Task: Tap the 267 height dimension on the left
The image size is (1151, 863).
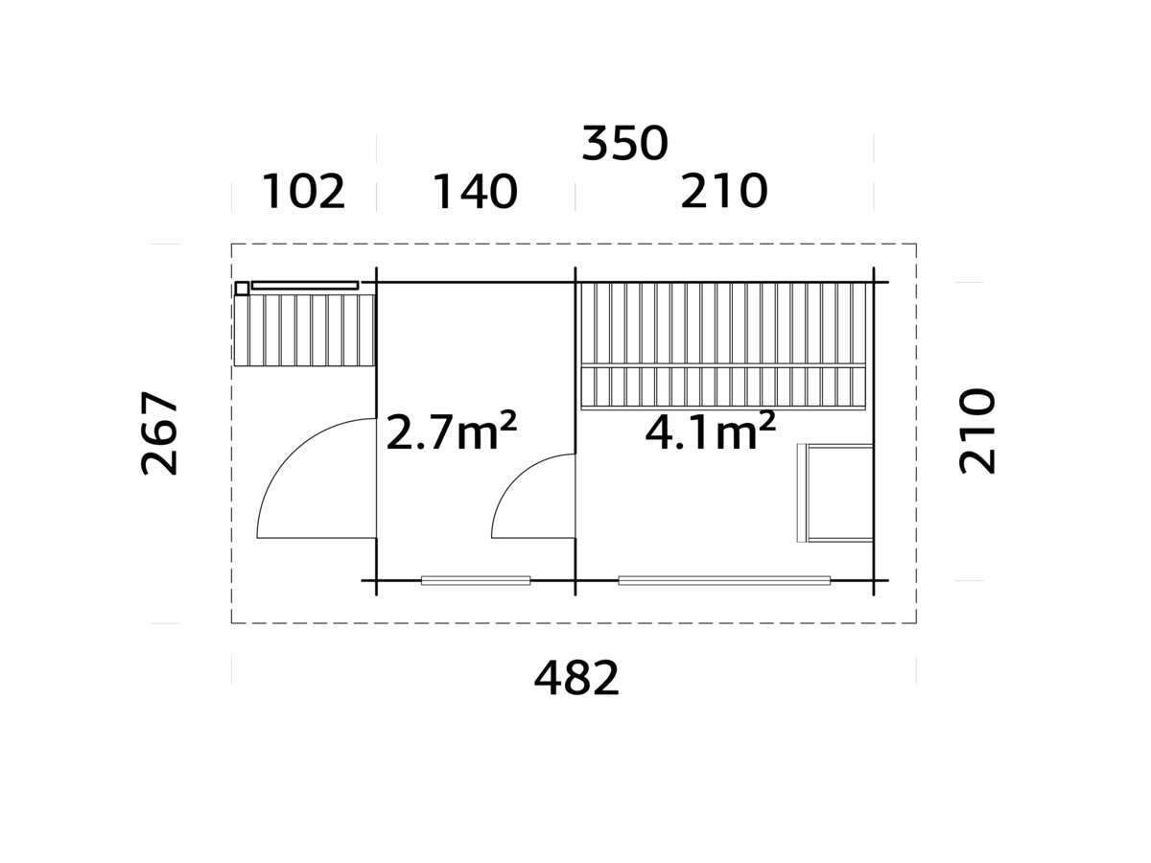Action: [x=160, y=433]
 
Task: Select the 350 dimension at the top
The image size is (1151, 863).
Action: [x=624, y=144]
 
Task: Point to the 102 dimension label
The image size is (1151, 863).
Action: [x=303, y=192]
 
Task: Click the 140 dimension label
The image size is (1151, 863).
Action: [x=475, y=192]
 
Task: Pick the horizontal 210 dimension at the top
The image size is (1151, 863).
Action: [x=724, y=192]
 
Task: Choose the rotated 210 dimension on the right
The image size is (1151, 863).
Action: [x=977, y=431]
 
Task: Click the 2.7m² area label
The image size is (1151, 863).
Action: [x=451, y=431]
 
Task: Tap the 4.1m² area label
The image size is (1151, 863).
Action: [x=710, y=431]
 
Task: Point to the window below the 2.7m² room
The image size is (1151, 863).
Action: [x=476, y=580]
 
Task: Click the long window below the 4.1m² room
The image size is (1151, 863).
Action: [x=724, y=580]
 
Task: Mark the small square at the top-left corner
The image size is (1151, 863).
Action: [x=242, y=288]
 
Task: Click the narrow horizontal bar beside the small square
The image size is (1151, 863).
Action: [x=305, y=285]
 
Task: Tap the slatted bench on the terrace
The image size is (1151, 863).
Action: [x=304, y=330]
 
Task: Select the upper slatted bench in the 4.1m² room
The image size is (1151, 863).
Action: [x=724, y=324]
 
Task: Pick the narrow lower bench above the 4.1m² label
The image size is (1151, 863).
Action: [x=724, y=386]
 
